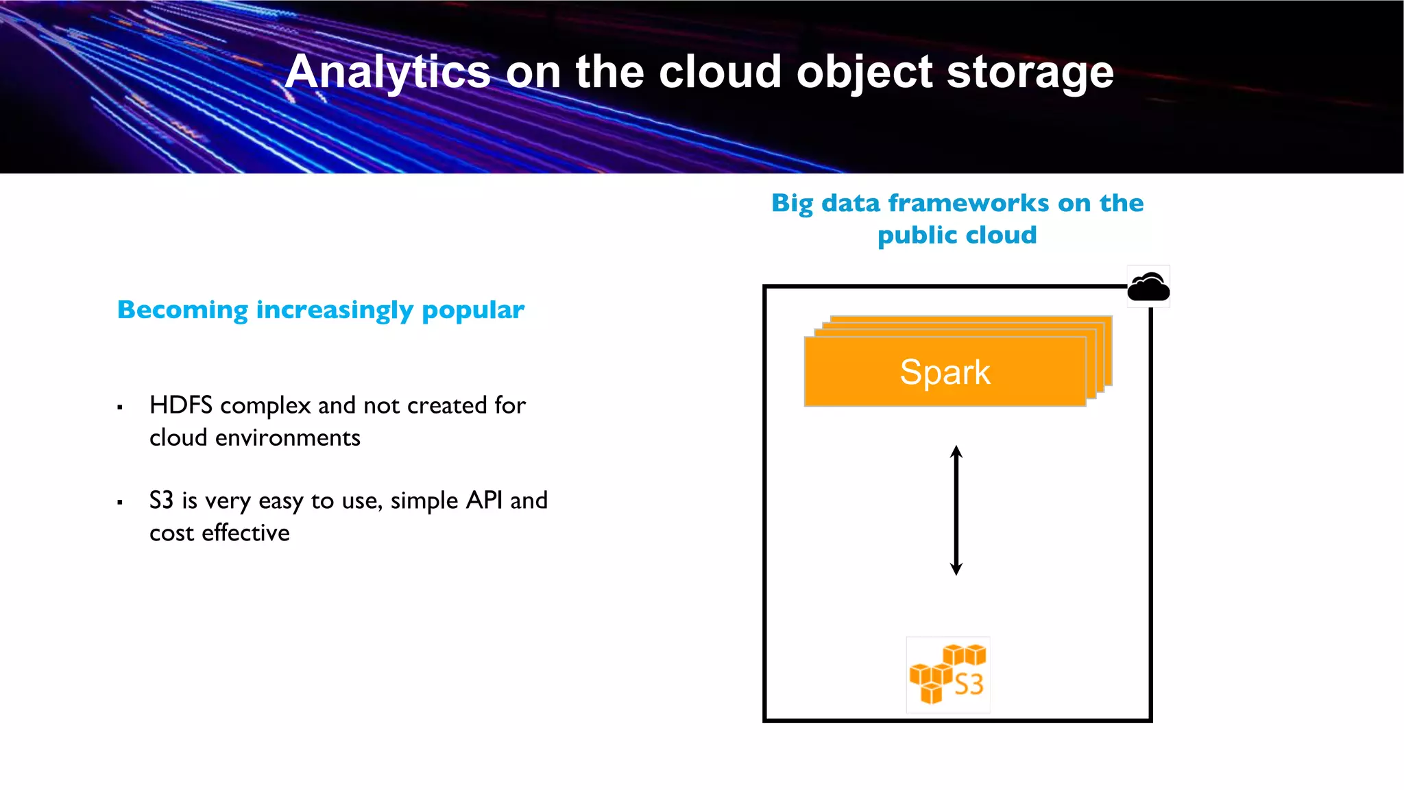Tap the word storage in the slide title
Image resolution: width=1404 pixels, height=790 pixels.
(1030, 72)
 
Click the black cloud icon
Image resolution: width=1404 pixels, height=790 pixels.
(1148, 287)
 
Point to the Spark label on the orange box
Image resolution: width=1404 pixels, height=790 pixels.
(945, 372)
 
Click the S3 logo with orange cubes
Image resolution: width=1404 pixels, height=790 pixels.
(948, 675)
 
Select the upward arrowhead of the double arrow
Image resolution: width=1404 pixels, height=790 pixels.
(956, 453)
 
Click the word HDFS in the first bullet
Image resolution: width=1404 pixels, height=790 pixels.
(181, 405)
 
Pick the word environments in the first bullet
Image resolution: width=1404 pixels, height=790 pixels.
(288, 438)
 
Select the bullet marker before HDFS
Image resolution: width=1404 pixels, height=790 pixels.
(120, 407)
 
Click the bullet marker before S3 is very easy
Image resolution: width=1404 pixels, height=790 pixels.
(120, 503)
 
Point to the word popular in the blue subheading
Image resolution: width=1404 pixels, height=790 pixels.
(473, 311)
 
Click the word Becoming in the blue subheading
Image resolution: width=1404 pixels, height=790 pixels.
(182, 311)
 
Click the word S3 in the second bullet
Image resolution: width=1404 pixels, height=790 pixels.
(161, 501)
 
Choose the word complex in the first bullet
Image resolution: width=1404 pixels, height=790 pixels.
(265, 406)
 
